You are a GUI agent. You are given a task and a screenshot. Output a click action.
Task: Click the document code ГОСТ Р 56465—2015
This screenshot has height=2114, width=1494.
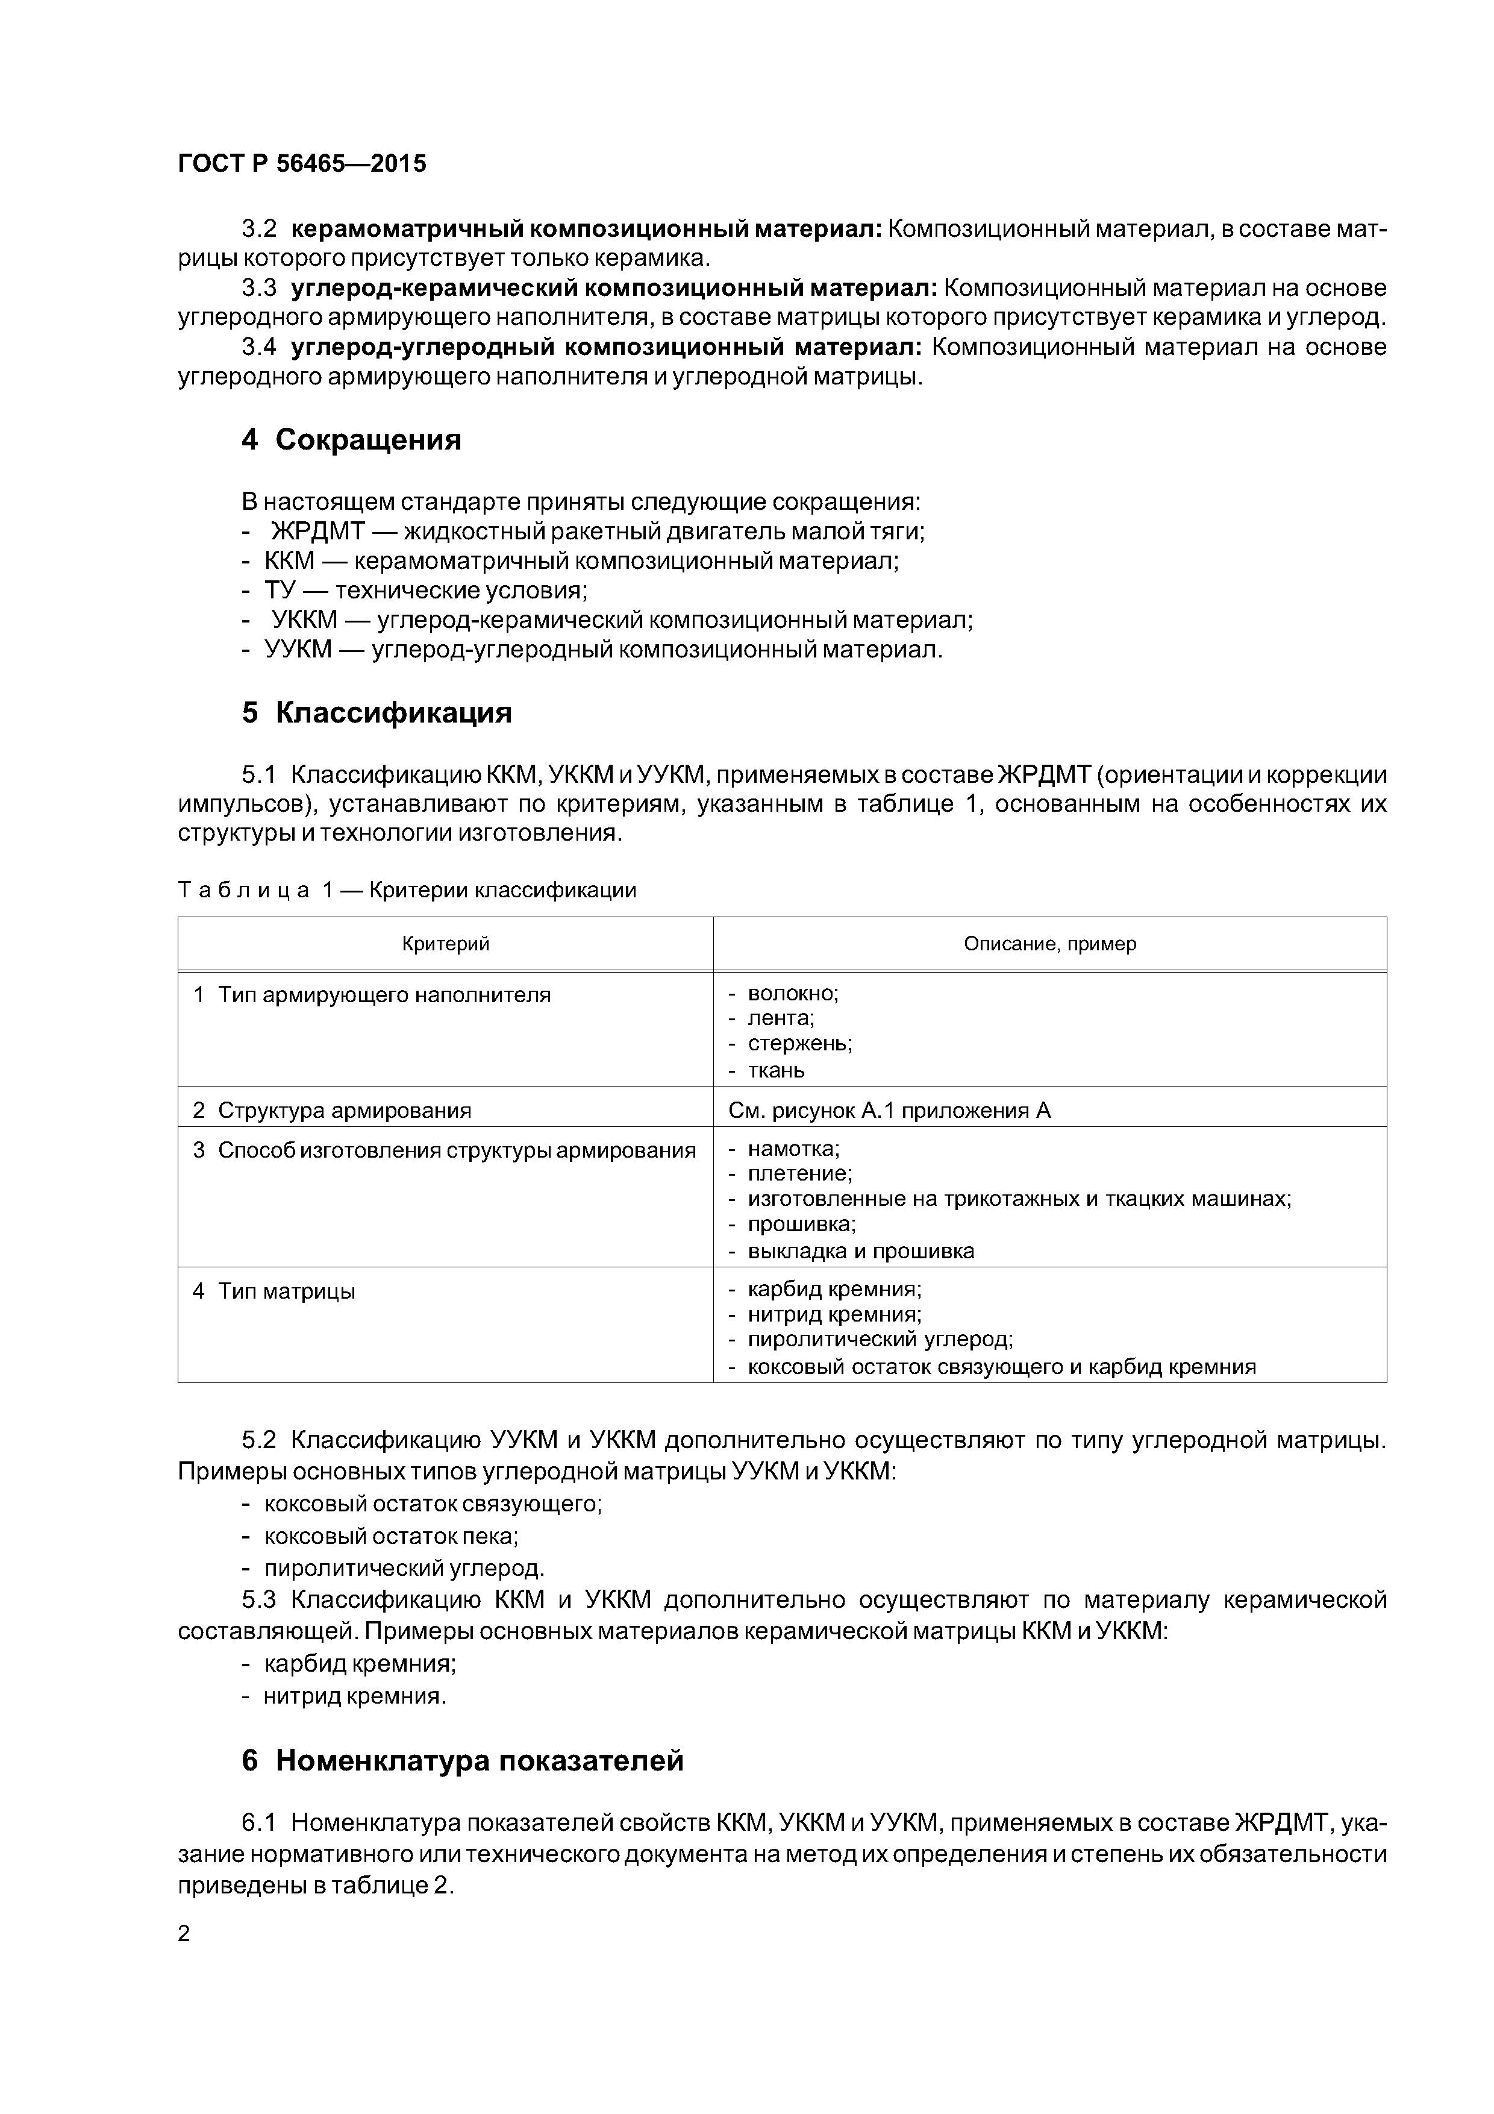coord(302,164)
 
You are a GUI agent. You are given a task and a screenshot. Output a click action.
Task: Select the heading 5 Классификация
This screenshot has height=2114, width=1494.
coord(377,713)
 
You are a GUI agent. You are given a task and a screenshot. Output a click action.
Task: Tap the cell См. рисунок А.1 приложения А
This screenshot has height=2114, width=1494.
coord(889,1111)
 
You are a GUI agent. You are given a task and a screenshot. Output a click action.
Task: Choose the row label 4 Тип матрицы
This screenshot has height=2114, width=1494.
coord(273,1291)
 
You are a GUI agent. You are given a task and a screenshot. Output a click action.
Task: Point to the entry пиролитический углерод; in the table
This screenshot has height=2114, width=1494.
coord(879,1340)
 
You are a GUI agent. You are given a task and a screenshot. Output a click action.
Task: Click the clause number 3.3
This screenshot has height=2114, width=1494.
coord(258,288)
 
